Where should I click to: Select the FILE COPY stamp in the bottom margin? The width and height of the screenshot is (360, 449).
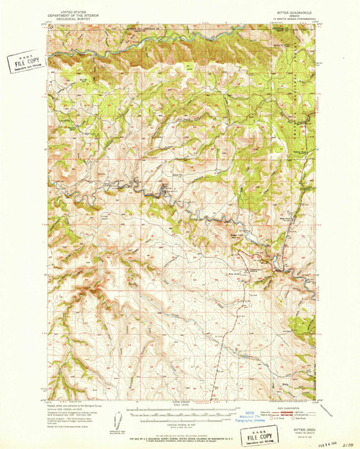(x=263, y=437)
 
